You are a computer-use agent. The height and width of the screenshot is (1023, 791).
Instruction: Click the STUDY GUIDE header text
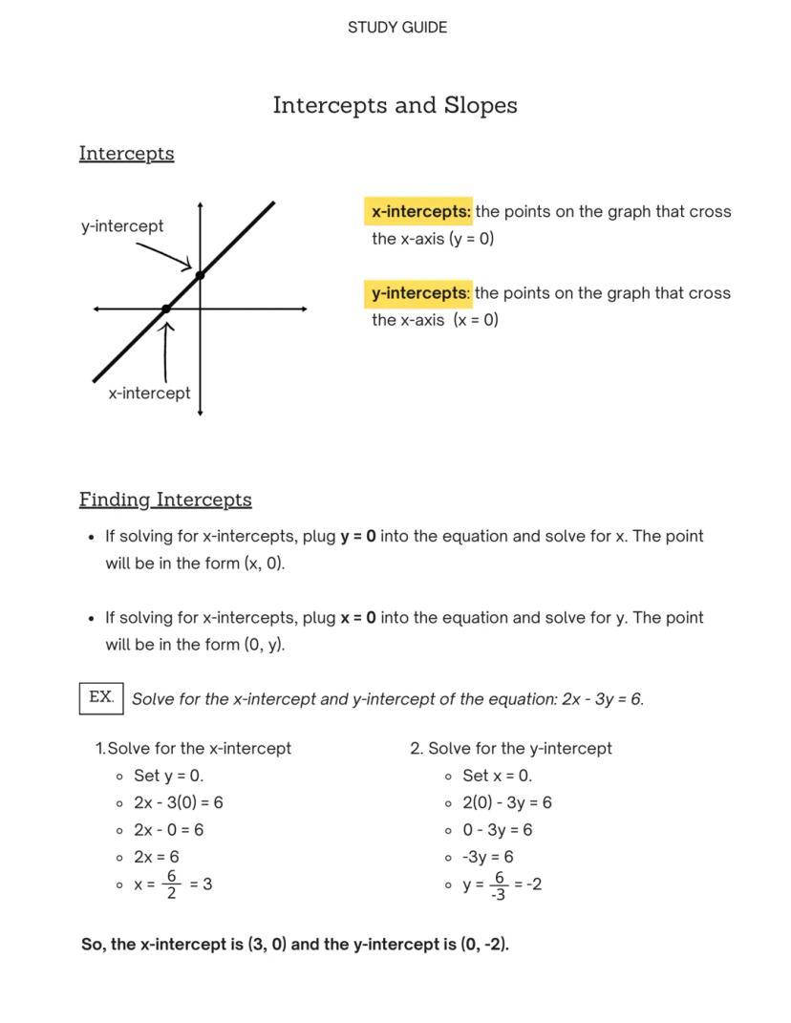[x=396, y=28]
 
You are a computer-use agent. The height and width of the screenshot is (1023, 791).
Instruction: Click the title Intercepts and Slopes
[x=395, y=105]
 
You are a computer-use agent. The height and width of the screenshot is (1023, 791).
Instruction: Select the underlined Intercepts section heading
[x=126, y=153]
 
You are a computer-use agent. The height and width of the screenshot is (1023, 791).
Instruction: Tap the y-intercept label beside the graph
[x=122, y=226]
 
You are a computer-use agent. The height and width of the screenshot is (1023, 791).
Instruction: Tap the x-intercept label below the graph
[x=149, y=394]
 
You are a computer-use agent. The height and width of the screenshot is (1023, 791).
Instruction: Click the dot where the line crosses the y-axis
[x=200, y=275]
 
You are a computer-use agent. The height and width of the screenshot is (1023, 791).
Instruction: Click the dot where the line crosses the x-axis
[x=166, y=309]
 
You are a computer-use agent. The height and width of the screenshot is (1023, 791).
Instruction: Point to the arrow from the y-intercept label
[x=164, y=256]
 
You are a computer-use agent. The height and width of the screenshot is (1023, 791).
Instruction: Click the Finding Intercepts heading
[x=165, y=500]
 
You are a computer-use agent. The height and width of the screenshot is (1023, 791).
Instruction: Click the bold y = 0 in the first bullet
[x=358, y=537]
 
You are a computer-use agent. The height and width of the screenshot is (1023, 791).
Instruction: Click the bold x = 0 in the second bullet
[x=358, y=618]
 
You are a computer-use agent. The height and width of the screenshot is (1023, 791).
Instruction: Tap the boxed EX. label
[x=101, y=697]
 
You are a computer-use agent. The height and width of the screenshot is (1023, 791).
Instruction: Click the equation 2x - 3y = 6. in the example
[x=603, y=699]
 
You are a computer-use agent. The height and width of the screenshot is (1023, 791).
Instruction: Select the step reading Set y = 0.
[x=168, y=776]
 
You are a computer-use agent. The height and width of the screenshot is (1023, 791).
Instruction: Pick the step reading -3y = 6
[x=487, y=857]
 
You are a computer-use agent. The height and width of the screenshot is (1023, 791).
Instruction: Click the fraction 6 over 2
[x=171, y=884]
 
